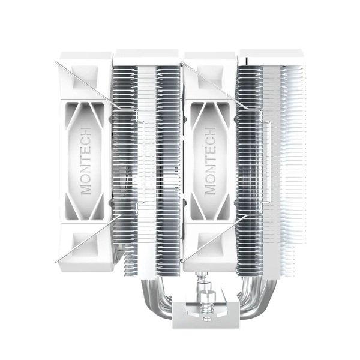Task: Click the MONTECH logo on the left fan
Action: coord(86,160)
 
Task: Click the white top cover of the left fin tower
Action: coord(148,55)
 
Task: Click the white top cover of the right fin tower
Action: coord(270,55)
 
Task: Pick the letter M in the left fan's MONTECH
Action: coord(86,188)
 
